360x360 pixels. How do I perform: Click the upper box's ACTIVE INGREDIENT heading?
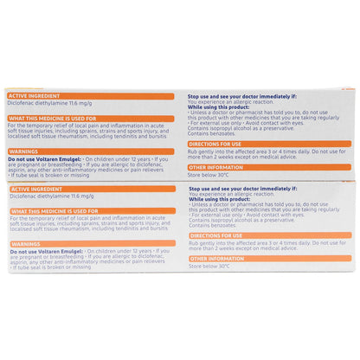(35, 95)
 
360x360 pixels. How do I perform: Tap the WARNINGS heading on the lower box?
(25, 244)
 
